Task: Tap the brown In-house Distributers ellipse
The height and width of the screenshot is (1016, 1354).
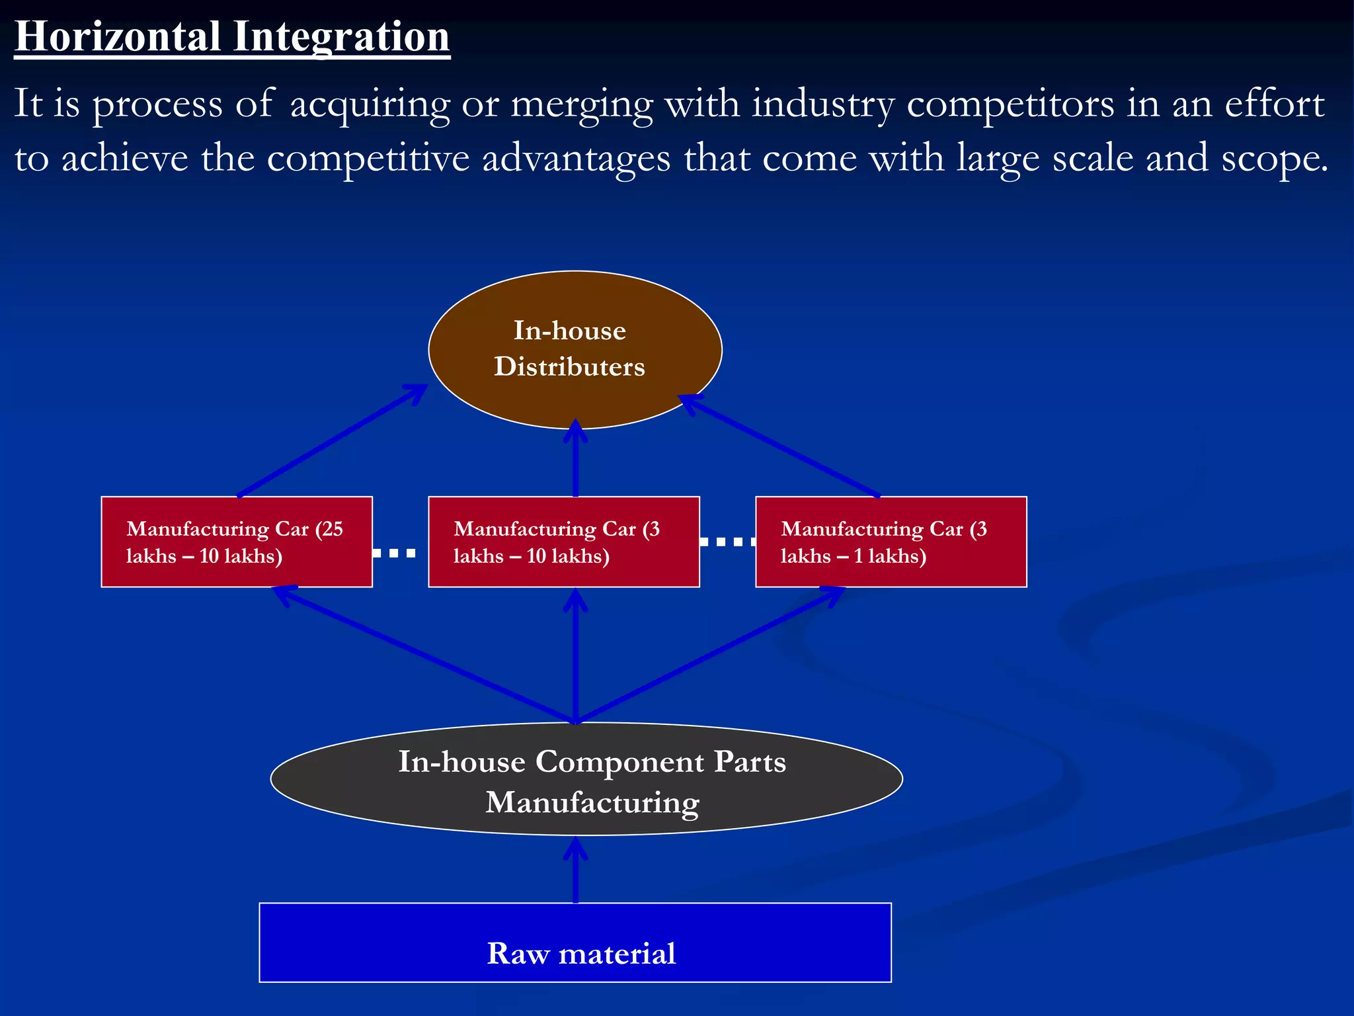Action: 575,349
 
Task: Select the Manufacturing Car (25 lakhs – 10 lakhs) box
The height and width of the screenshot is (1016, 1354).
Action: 237,542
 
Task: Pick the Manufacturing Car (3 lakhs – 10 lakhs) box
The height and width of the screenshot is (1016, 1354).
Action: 563,542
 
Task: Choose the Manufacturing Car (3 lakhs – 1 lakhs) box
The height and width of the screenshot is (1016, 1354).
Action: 891,542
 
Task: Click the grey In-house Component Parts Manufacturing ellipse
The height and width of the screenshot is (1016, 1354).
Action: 586,779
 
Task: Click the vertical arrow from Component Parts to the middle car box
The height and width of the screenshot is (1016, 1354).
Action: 576,655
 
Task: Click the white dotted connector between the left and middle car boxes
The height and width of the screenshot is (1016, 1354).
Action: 394,553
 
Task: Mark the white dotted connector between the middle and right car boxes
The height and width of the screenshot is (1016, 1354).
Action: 727,542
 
